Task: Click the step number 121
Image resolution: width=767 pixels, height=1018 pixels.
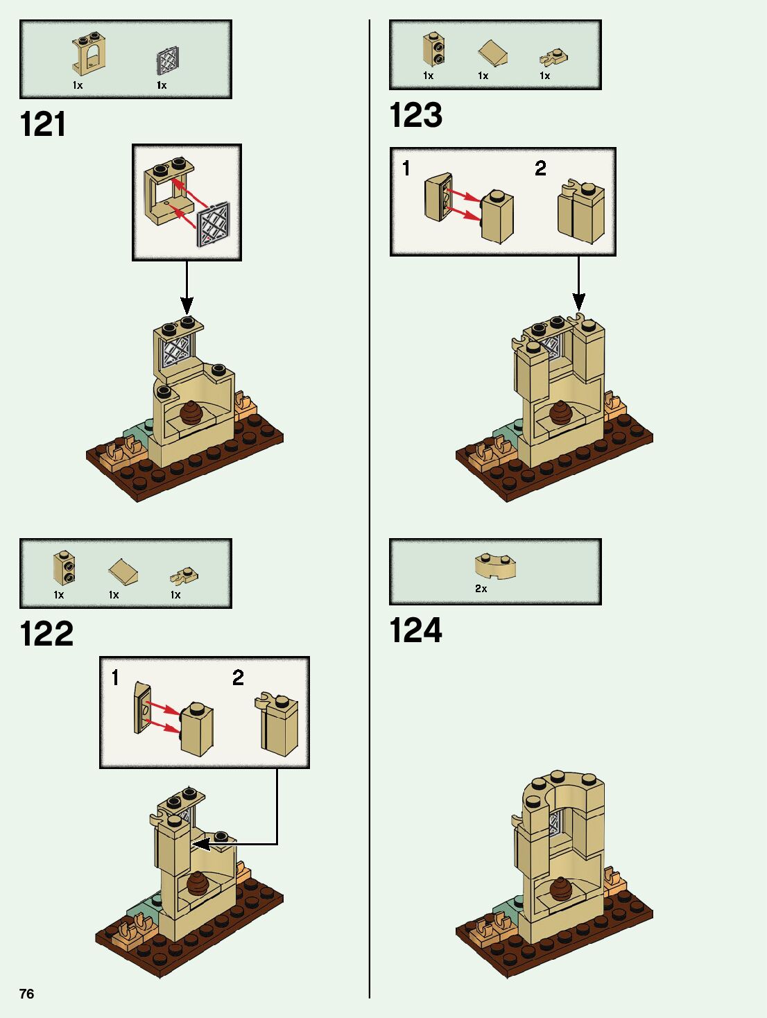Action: pos(43,125)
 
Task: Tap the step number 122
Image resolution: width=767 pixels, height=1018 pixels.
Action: pos(46,634)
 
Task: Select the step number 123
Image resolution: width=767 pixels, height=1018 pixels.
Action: pos(415,115)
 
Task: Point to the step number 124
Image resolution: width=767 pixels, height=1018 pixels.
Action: pos(415,630)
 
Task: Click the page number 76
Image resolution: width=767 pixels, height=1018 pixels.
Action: pos(26,994)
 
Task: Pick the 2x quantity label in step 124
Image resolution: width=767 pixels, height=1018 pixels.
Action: pos(481,589)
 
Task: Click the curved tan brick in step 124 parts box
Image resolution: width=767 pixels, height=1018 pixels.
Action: pos(495,564)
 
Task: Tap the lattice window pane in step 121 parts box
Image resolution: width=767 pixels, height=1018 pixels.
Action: pos(167,62)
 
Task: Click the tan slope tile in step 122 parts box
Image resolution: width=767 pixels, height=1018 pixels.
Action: pos(123,573)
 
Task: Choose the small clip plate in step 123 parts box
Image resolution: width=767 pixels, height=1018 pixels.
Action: pos(554,58)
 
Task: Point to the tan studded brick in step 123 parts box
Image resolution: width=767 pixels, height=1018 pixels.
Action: pos(433,49)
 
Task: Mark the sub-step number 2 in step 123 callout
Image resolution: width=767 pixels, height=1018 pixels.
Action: pos(540,169)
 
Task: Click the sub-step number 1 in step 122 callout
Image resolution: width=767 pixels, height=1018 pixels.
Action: pos(115,678)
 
